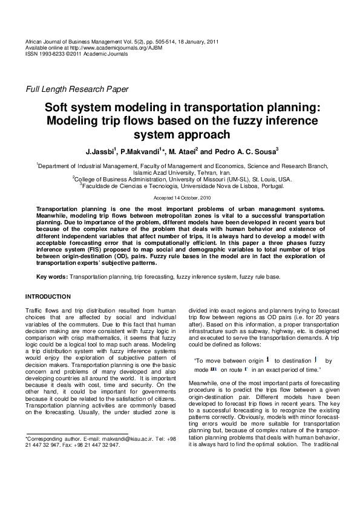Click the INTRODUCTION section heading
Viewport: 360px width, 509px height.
coord(47,296)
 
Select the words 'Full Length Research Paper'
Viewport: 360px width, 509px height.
coord(76,89)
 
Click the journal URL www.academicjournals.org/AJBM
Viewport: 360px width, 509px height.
coord(112,48)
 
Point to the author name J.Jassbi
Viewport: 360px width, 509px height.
coord(99,151)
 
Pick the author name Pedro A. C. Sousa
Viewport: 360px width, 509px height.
coord(246,151)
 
